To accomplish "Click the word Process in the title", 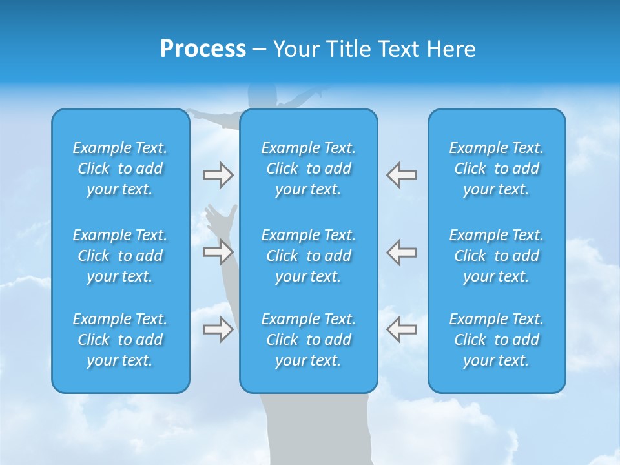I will pos(203,49).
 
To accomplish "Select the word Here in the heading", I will pos(451,49).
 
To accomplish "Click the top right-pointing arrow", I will pos(218,175).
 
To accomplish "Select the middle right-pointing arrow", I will pos(218,252).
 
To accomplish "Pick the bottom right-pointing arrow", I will pos(218,329).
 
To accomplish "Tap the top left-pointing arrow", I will pos(401,175).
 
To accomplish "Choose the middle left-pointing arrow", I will pos(401,252).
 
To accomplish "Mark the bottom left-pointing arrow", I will pos(401,329).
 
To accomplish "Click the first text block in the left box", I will pos(120,169).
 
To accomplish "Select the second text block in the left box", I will pos(120,256).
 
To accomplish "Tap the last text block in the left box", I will pos(120,340).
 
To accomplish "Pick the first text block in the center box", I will pos(308,169).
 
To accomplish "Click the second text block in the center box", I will pos(308,256).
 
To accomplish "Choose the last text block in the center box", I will pos(308,340).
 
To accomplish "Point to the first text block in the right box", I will pos(497,169).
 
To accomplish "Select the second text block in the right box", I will pos(497,256).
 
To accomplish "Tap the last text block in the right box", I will pos(497,340).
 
